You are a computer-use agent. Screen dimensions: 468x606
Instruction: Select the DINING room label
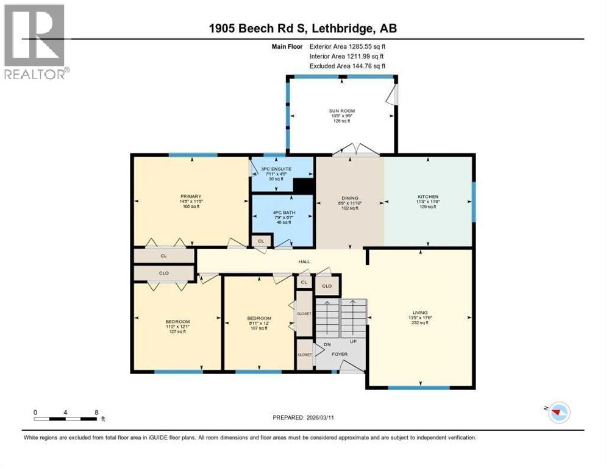(x=349, y=197)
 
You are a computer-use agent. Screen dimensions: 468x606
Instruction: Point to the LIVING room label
(x=420, y=312)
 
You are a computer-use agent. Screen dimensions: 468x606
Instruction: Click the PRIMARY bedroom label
(x=190, y=196)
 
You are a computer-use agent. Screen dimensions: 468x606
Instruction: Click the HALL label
(x=304, y=261)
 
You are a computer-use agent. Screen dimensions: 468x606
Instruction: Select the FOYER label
(x=340, y=353)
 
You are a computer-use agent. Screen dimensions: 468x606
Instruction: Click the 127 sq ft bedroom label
(x=177, y=321)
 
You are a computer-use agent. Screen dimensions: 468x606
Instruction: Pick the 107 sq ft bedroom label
(x=259, y=318)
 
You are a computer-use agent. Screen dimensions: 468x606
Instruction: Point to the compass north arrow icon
(x=556, y=413)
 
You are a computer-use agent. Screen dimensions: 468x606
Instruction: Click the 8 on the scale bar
(x=96, y=412)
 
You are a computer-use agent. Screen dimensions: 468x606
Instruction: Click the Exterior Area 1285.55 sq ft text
(x=348, y=46)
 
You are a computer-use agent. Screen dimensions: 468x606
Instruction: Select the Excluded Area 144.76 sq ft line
(x=348, y=66)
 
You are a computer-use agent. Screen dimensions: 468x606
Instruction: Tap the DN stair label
(x=327, y=345)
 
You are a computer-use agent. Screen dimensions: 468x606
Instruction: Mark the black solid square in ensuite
(x=302, y=186)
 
